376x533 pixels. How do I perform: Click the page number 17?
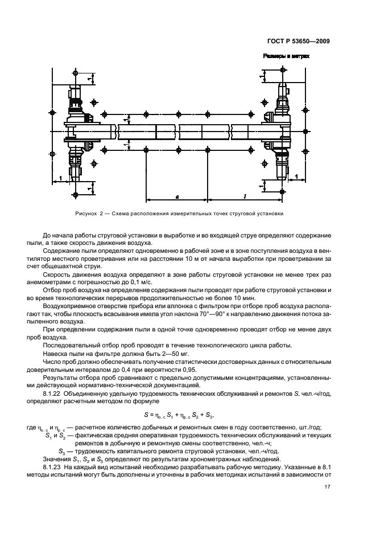pos(327,486)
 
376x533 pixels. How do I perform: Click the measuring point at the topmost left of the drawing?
pos(76,73)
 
